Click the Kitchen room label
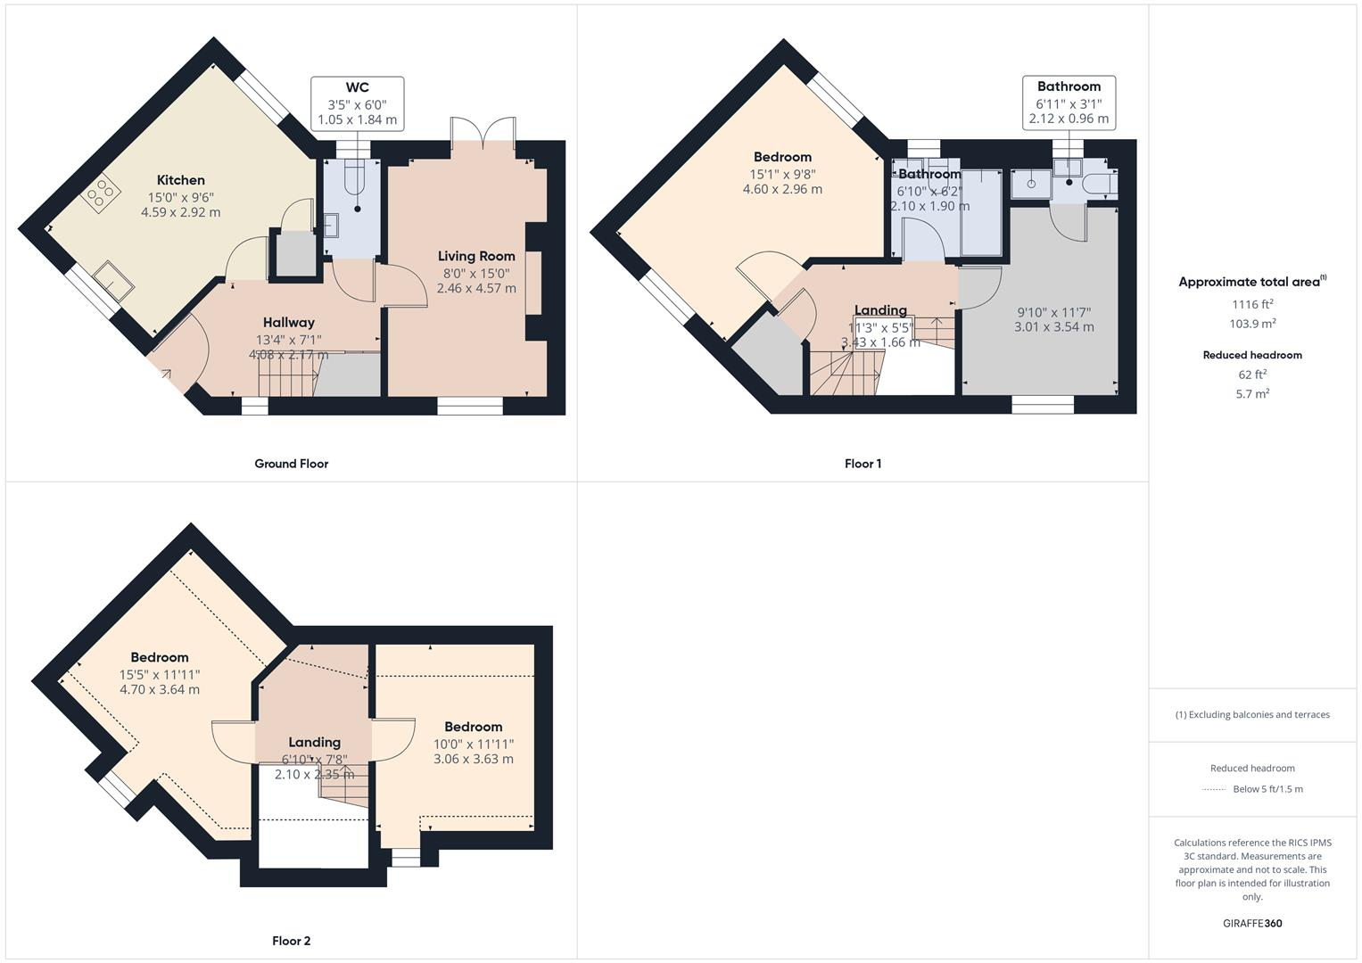tap(181, 180)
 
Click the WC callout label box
tap(357, 103)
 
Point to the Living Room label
tap(476, 256)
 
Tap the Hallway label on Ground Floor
tap(288, 323)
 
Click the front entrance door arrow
tap(166, 375)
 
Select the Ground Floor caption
tap(291, 464)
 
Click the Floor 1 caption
tap(863, 464)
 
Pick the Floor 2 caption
tap(291, 941)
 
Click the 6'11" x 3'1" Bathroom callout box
tap(1069, 103)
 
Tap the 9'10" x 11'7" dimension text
tap(1053, 319)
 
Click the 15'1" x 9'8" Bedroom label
tap(782, 158)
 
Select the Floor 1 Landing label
tap(880, 310)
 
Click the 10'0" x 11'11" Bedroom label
tap(474, 728)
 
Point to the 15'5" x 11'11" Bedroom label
tap(160, 658)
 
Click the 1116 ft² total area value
tap(1252, 304)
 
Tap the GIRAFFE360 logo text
tap(1251, 923)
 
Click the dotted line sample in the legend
tap(1214, 789)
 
